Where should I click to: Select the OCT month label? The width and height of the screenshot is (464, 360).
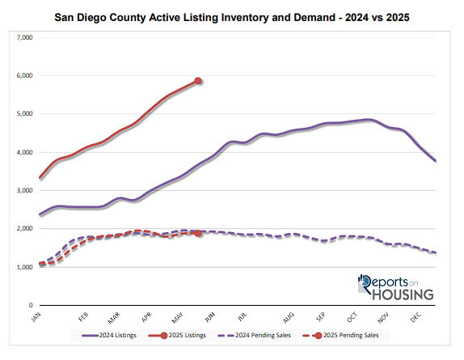pos(352,316)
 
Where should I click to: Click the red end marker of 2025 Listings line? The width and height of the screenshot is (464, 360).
pos(198,81)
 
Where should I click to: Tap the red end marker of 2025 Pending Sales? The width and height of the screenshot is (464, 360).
pos(198,233)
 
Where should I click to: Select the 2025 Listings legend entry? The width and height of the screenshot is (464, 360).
pos(182,334)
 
